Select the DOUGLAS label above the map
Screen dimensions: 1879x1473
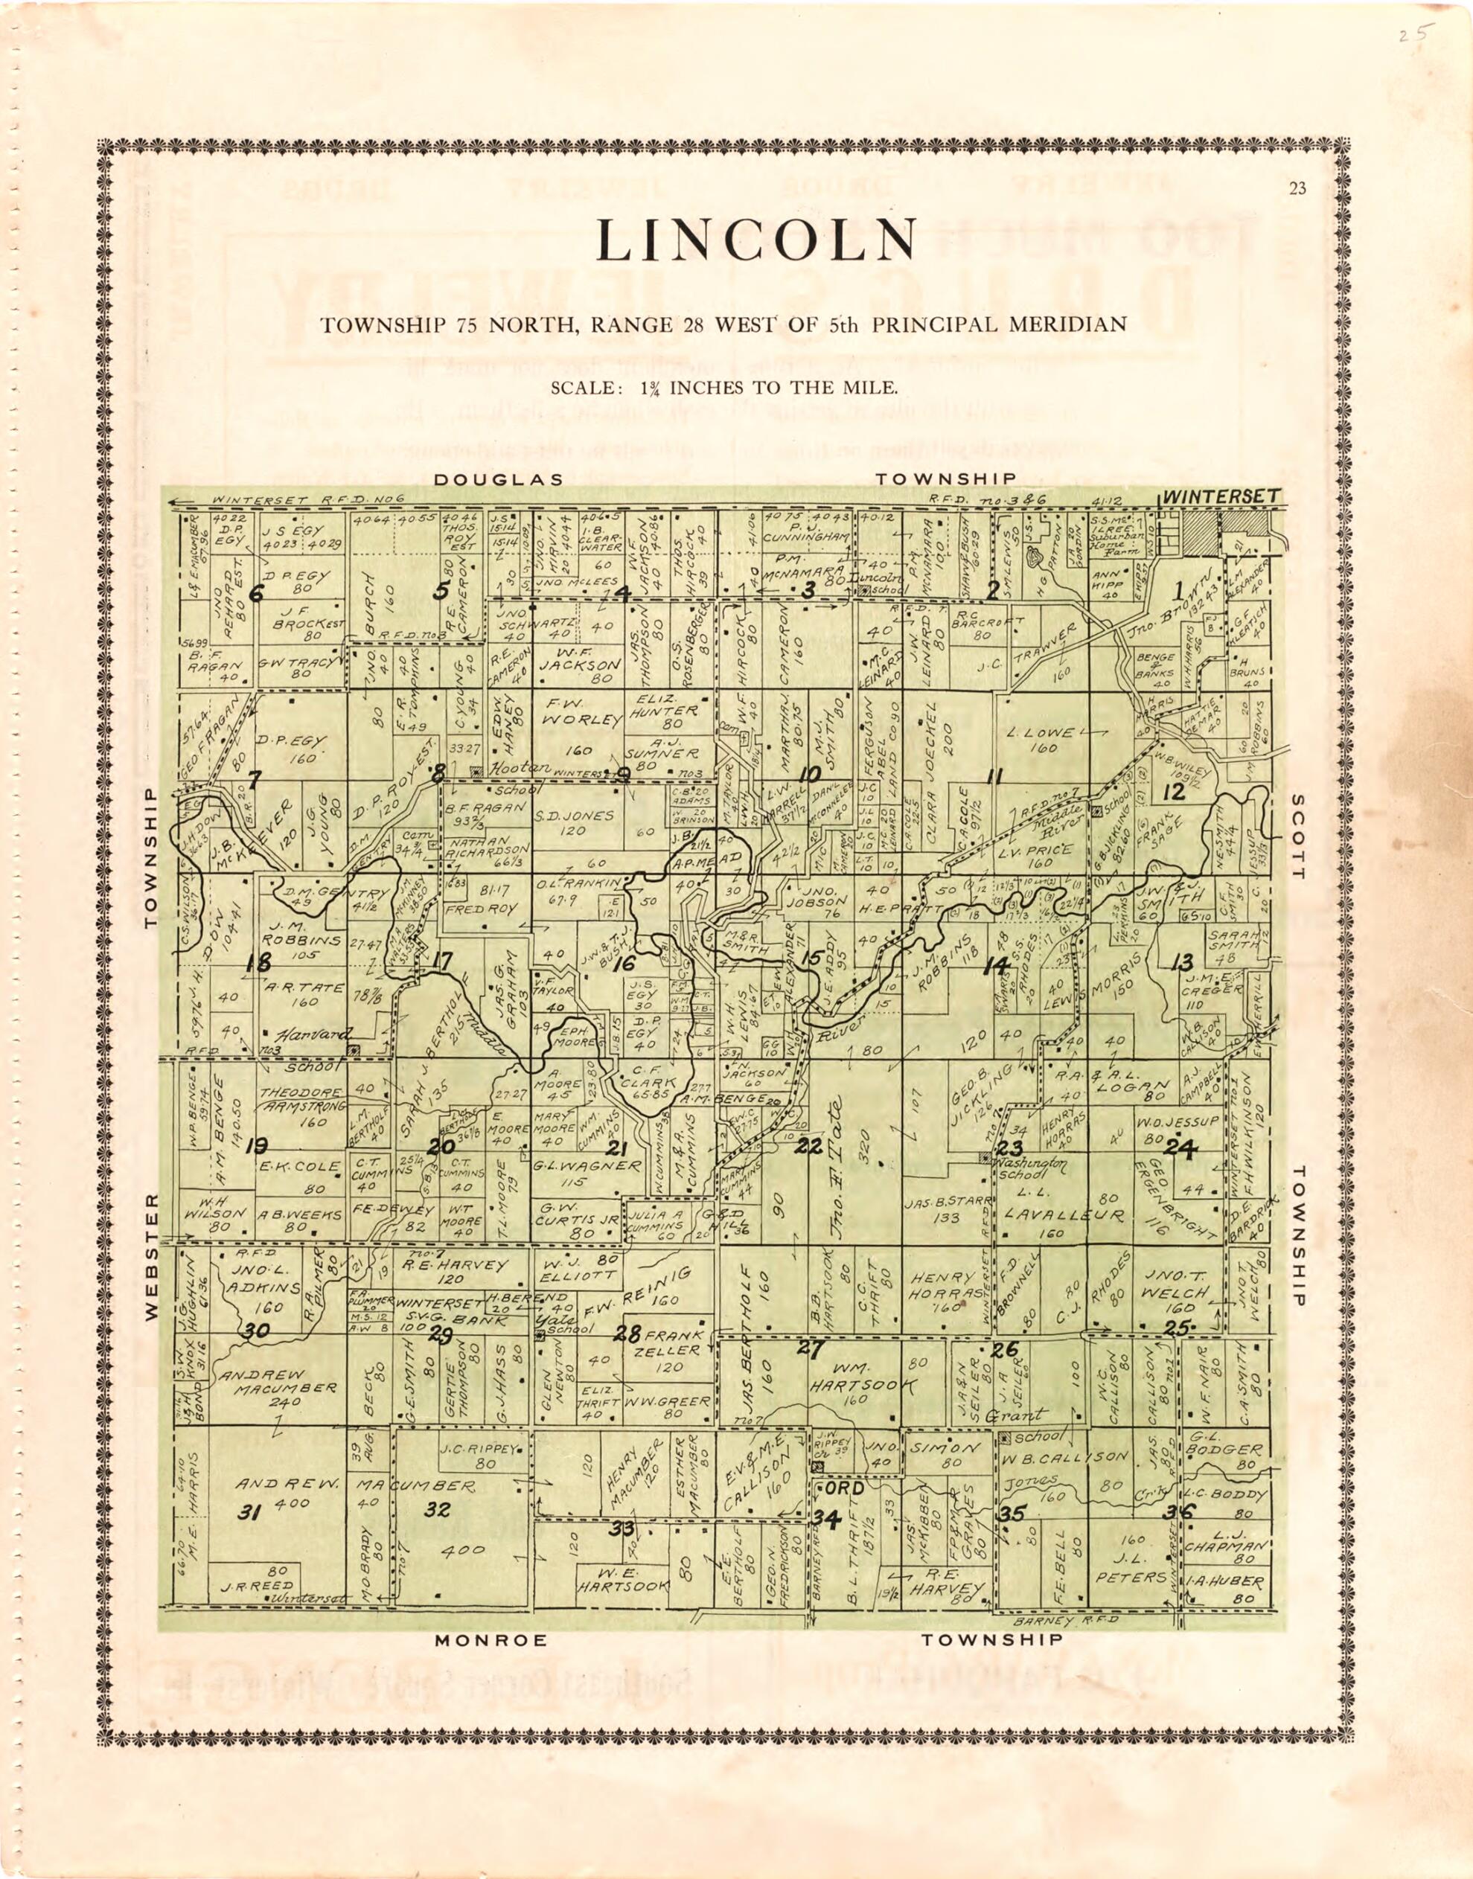pyautogui.click(x=499, y=479)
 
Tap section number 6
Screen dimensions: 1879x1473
pyautogui.click(x=255, y=593)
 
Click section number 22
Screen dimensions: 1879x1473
pyautogui.click(x=809, y=1146)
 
